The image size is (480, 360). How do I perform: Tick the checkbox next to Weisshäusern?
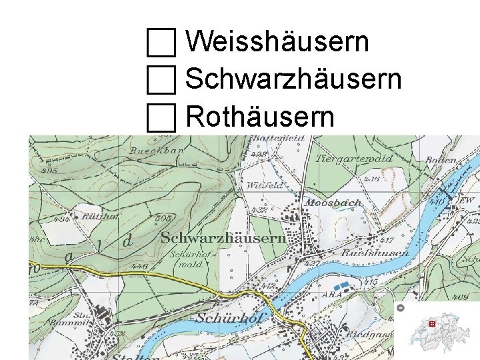tap(161, 43)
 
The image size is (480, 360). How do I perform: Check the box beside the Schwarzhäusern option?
tap(161, 81)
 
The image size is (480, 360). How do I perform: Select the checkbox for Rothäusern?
tap(161, 118)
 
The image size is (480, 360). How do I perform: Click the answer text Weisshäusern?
tap(277, 42)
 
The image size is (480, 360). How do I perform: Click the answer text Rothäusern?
tap(259, 117)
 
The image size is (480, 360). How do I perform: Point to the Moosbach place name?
tap(333, 203)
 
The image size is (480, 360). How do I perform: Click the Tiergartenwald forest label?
tap(354, 159)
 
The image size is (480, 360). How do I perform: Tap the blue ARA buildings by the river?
tap(341, 287)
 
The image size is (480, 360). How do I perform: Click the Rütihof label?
tap(100, 217)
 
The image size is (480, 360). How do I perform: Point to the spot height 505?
tap(162, 218)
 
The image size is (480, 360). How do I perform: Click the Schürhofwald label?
tap(186, 259)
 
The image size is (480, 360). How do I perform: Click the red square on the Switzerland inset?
tap(432, 323)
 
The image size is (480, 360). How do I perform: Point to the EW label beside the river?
tap(467, 200)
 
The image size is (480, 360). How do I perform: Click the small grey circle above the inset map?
tap(401, 308)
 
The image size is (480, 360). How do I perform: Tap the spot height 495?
tap(48, 170)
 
